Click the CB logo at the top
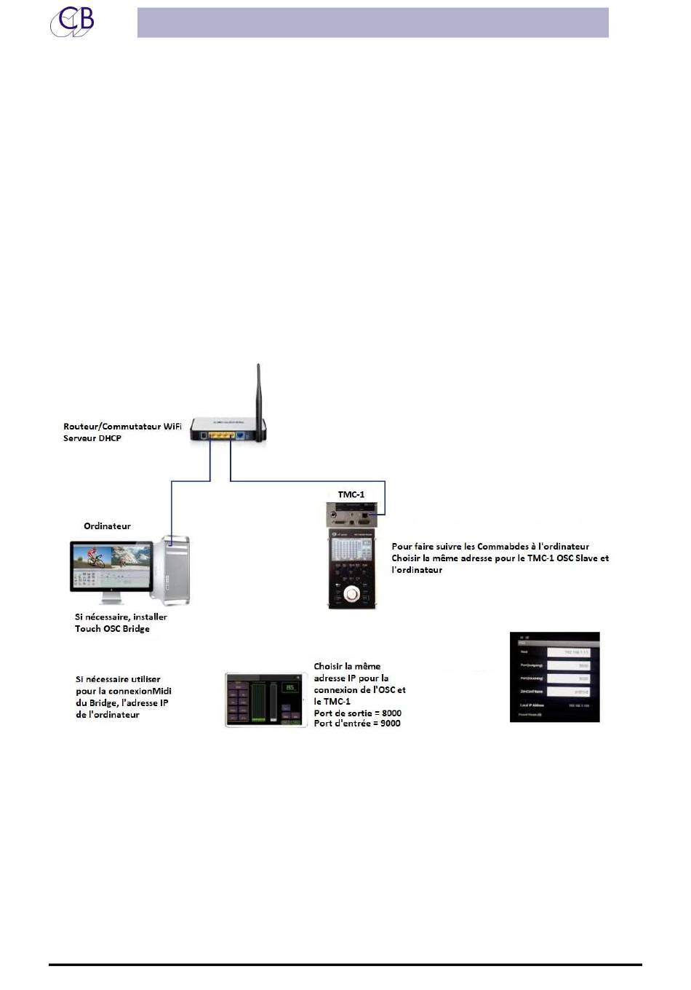pyautogui.click(x=72, y=21)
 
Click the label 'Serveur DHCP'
pyautogui.click(x=92, y=438)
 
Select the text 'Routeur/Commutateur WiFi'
pyautogui.click(x=122, y=427)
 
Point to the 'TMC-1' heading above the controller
pyautogui.click(x=351, y=495)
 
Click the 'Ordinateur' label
pyautogui.click(x=107, y=526)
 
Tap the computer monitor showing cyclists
pyautogui.click(x=111, y=565)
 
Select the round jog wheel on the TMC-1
pyautogui.click(x=353, y=594)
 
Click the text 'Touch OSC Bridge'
pyautogui.click(x=112, y=628)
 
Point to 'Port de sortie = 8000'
pyautogui.click(x=357, y=713)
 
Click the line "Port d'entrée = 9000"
pyautogui.click(x=357, y=723)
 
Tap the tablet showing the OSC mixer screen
pyautogui.click(x=265, y=700)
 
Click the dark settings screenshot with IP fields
pyautogui.click(x=554, y=677)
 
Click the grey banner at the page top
pyautogui.click(x=372, y=23)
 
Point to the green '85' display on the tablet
pyautogui.click(x=290, y=687)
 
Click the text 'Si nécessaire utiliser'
pyautogui.click(x=118, y=679)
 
